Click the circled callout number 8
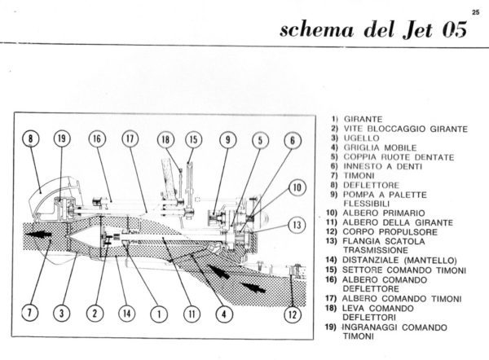point(32,139)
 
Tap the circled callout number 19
point(62,139)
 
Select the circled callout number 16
point(97,139)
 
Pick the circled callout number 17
point(130,139)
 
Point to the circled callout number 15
point(192,139)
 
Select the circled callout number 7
point(31,311)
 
